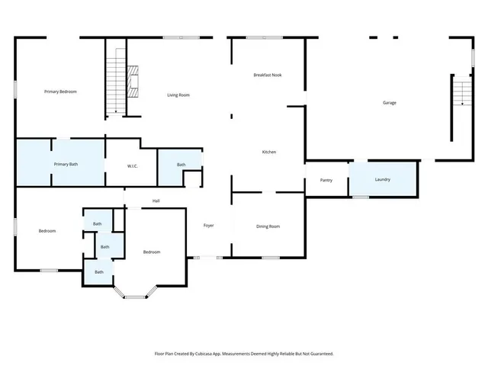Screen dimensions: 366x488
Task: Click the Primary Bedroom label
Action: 60,91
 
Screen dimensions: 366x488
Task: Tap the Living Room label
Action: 178,95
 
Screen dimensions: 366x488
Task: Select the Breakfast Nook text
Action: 268,75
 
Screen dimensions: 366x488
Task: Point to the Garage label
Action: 389,102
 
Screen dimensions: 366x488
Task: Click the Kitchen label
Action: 268,152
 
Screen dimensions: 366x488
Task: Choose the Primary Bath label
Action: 66,164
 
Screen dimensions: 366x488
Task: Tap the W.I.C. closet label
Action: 132,165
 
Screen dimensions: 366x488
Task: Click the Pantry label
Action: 326,180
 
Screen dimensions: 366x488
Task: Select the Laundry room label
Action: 383,179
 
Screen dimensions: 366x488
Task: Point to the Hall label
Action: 156,201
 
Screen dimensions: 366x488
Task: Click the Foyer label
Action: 208,226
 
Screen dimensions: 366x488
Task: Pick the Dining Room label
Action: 268,226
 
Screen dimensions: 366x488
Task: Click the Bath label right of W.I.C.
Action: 181,165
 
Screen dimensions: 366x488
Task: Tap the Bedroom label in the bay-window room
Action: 152,252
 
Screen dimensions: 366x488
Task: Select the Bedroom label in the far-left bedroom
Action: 47,231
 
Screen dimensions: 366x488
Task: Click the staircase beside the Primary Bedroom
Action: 116,80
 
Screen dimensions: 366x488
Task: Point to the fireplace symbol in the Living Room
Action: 133,80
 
